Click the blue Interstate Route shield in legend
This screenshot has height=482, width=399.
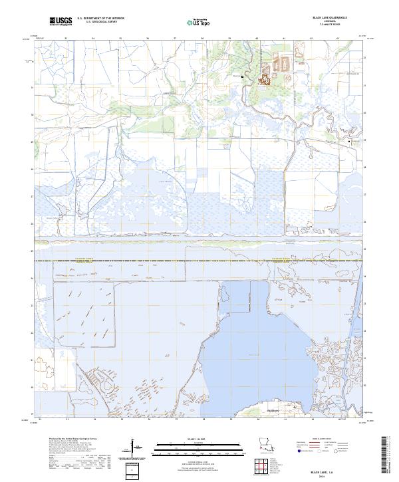(x=299, y=451)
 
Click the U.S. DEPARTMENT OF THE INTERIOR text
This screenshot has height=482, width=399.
(x=99, y=19)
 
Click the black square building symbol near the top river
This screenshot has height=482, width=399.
(x=242, y=76)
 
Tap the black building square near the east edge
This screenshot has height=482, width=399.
(x=350, y=141)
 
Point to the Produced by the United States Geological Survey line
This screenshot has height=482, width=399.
(x=72, y=440)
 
